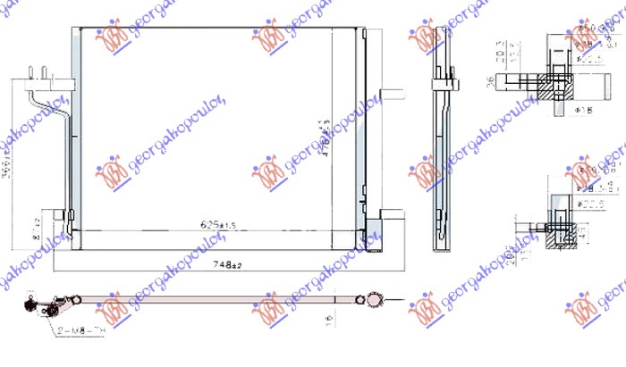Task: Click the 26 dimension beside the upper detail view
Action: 491,83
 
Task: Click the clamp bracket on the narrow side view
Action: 441,83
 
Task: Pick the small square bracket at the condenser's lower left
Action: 59,216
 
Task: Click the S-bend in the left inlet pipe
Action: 63,108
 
